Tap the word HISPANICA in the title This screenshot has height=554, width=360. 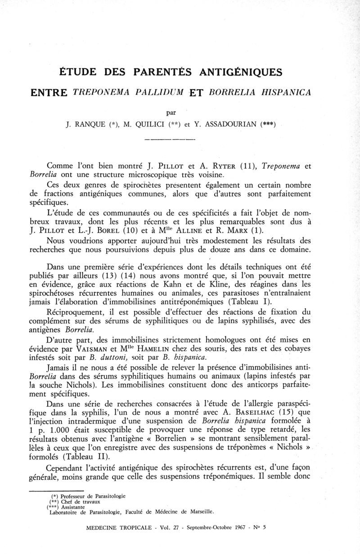[282, 93]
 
